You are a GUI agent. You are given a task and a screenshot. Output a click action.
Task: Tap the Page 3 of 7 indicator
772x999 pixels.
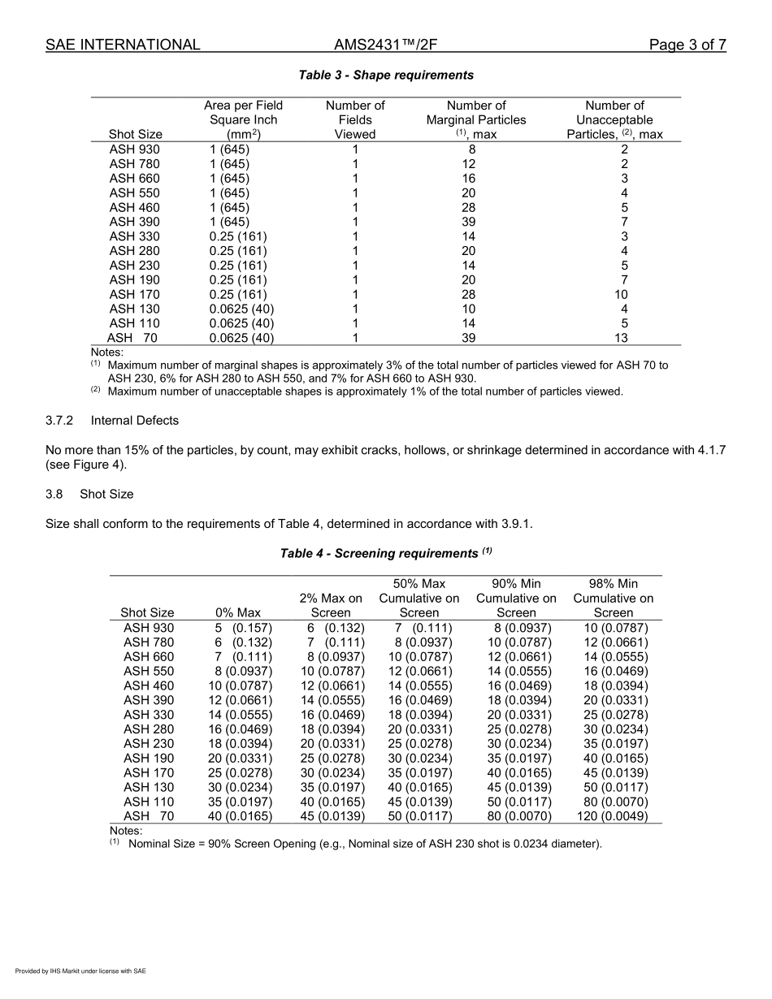687,45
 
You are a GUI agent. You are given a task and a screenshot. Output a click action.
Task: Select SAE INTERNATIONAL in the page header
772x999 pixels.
123,45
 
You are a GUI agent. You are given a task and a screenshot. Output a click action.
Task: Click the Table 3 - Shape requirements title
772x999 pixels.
386,75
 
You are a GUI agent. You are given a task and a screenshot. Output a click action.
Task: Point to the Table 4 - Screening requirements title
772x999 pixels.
386,553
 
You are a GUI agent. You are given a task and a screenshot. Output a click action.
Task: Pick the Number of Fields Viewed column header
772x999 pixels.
355,119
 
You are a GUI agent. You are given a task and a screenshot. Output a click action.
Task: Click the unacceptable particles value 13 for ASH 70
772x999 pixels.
623,338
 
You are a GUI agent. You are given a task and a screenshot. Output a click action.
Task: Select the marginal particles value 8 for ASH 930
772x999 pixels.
472,149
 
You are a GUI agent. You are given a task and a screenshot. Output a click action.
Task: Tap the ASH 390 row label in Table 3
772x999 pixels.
135,222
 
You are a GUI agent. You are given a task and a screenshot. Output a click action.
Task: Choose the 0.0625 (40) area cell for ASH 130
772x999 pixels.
241,309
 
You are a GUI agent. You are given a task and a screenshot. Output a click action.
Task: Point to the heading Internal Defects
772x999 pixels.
135,421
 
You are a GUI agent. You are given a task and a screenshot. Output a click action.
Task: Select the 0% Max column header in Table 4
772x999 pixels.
238,612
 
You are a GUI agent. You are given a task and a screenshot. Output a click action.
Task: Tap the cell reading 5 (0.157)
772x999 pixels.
243,628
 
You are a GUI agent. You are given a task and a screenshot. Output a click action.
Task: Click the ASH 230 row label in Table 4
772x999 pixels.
149,743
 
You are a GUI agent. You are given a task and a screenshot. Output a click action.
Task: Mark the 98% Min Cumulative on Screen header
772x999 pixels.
613,598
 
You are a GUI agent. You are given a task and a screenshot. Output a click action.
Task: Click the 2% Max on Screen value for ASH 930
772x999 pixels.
336,628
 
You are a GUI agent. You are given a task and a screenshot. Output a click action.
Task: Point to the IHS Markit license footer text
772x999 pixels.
80,971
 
